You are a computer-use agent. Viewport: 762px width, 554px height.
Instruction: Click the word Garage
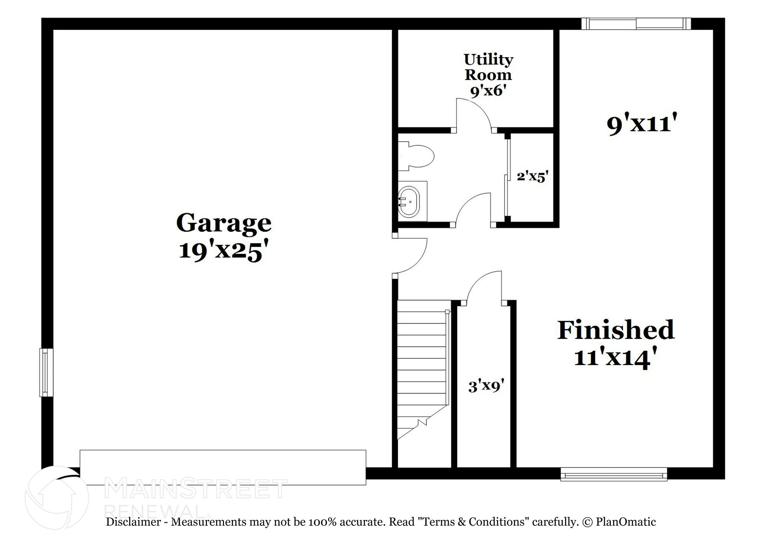tap(224, 223)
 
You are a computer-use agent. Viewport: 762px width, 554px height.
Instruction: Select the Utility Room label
tap(488, 67)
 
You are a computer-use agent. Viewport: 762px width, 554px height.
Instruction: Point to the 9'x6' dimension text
tap(488, 90)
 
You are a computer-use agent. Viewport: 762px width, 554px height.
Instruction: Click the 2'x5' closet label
tap(533, 176)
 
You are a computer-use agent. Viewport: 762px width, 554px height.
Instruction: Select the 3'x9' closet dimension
tap(486, 386)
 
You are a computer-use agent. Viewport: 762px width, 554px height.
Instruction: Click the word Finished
tap(615, 330)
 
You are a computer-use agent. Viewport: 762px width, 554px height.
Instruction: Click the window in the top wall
tap(636, 24)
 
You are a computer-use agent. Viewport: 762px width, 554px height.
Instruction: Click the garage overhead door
tap(222, 467)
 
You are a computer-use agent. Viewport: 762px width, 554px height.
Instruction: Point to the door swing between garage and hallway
tap(411, 257)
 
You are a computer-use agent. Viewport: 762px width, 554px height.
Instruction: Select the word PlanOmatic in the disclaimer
tap(625, 522)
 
